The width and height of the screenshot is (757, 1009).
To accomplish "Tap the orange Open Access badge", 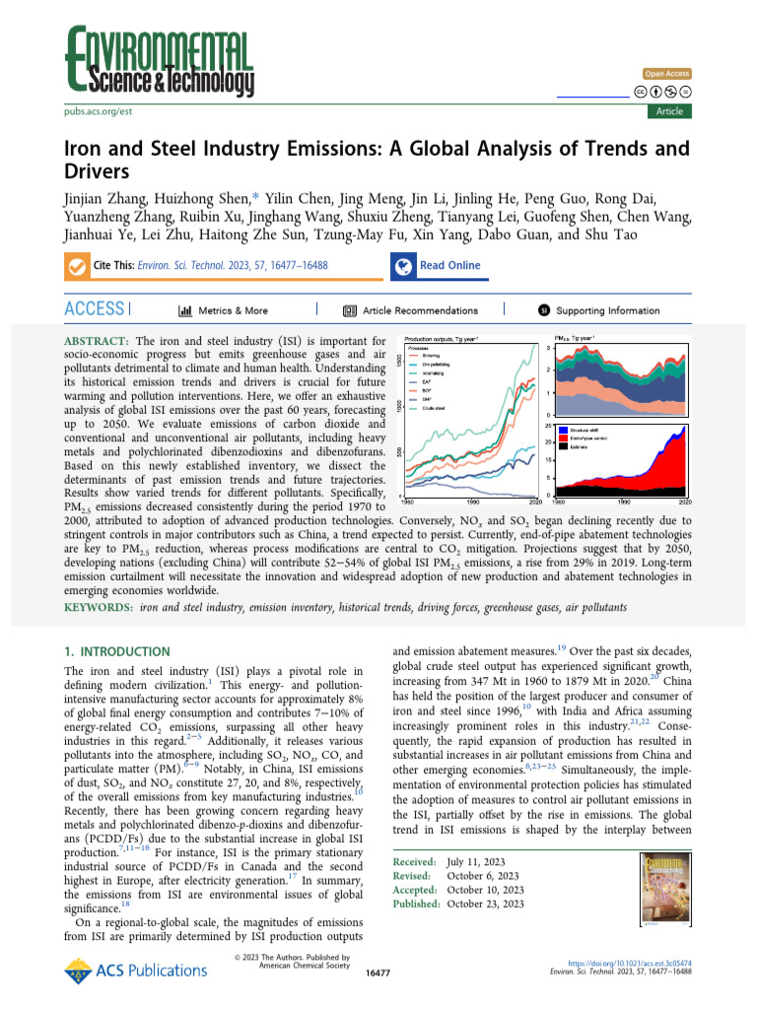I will (667, 74).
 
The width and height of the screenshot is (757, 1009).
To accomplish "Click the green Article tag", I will (669, 111).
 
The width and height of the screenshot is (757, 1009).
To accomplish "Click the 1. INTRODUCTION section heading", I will (116, 652).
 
